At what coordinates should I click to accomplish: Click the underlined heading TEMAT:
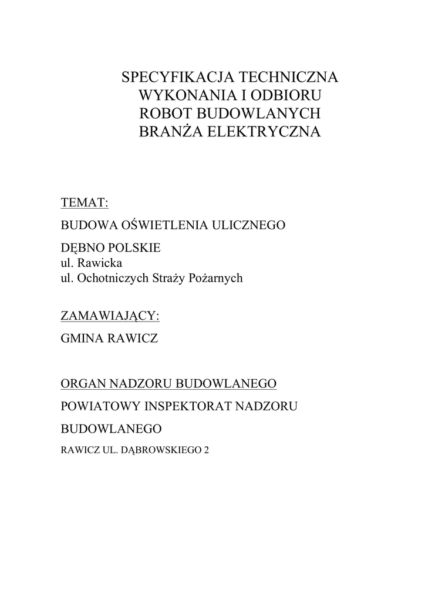(85, 203)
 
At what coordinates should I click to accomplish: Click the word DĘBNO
(81, 248)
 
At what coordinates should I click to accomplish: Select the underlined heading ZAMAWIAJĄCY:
(110, 316)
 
